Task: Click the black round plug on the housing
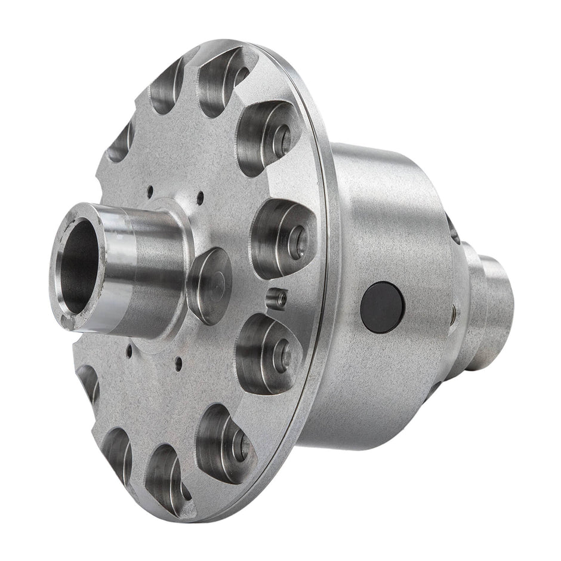click(382, 307)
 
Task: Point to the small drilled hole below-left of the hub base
click(129, 350)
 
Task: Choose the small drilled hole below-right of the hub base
click(177, 360)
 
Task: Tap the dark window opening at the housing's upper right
click(453, 229)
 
